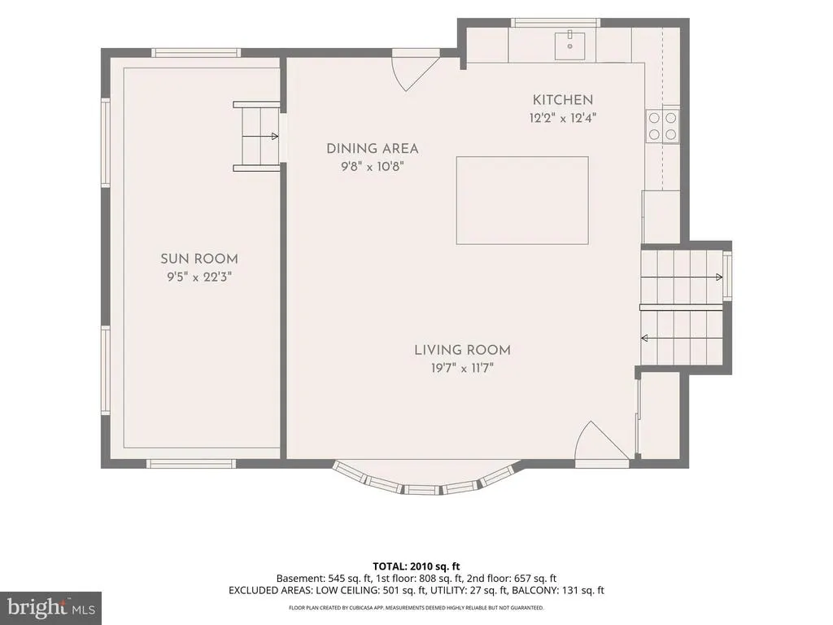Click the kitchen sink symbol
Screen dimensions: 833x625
point(569,46)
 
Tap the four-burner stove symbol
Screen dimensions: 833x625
point(662,126)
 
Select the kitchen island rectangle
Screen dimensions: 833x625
point(522,200)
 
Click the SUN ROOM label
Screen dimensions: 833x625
point(199,259)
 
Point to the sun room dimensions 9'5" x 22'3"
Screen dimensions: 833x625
point(199,277)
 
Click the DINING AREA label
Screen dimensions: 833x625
point(373,149)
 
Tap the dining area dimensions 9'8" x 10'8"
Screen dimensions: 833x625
point(373,167)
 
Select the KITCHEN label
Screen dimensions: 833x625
point(563,100)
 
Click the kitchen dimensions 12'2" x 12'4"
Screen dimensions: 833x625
point(563,118)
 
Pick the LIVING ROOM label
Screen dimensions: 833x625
point(462,350)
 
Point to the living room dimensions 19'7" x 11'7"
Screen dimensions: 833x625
point(462,368)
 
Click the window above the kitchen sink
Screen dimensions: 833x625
point(555,23)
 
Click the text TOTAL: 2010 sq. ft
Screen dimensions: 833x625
point(416,566)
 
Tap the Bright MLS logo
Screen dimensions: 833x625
point(51,607)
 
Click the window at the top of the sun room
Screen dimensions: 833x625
point(196,53)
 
